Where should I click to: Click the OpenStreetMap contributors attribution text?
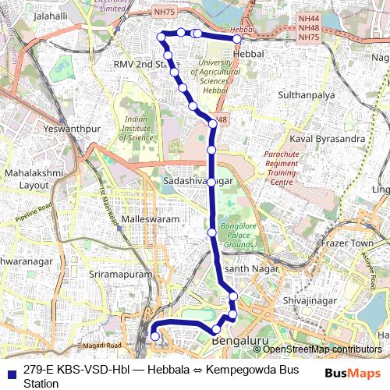(321, 349)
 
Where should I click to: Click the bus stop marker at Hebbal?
(237, 38)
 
